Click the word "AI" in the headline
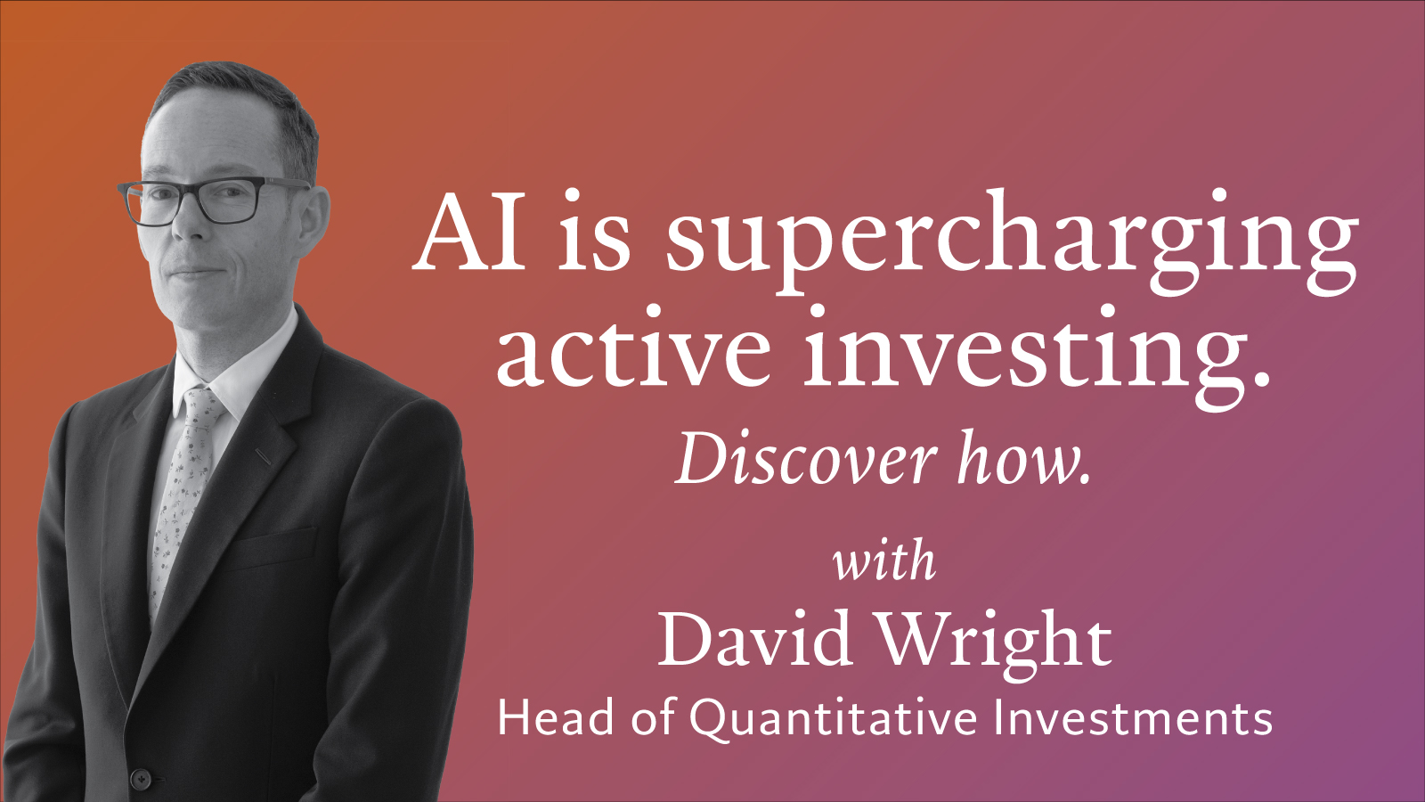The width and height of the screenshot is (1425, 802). point(469,231)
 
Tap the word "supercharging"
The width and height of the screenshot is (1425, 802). point(1012,241)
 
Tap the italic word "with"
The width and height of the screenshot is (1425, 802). point(885,561)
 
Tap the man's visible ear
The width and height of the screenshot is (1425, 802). point(313,219)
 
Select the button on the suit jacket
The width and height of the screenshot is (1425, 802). point(141,779)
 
